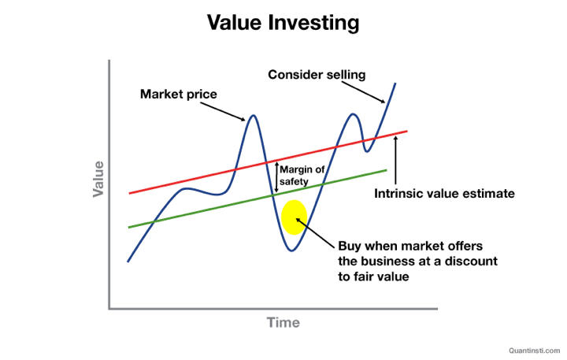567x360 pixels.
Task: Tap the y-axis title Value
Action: tap(98, 179)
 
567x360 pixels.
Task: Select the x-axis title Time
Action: tap(283, 322)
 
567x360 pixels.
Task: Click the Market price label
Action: tap(178, 95)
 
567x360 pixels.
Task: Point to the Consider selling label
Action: tap(317, 75)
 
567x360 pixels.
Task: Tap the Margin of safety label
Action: tap(302, 175)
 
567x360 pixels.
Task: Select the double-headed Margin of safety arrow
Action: tap(276, 176)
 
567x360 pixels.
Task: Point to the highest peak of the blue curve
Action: tap(395, 84)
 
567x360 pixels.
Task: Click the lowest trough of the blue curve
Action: tap(291, 251)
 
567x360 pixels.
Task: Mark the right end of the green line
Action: tap(387, 170)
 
